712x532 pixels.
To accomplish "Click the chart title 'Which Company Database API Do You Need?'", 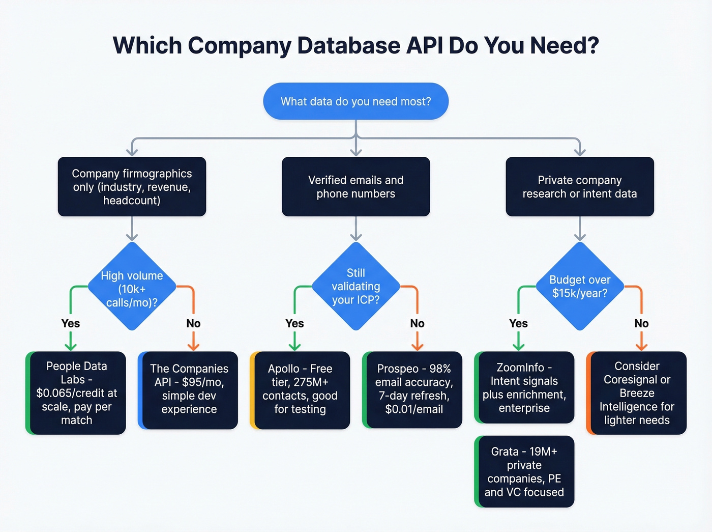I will point(355,45).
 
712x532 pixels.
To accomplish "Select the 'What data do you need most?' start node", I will point(355,101).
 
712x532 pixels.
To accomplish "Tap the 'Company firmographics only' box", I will point(132,187).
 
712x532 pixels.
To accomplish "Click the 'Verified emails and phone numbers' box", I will point(355,187).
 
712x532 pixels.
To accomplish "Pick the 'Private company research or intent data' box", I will point(579,187).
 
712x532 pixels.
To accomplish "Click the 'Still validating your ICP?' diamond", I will point(355,287).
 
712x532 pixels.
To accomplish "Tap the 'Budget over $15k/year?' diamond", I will point(579,287).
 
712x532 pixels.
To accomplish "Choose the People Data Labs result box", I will point(77,393).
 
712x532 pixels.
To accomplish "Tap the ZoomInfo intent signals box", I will point(524,388).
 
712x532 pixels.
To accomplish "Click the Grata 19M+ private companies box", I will point(524,472).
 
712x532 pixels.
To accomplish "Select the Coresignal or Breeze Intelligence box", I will point(637,393).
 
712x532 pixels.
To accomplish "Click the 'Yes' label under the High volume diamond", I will point(71,324).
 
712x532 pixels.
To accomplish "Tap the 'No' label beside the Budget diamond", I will point(641,324).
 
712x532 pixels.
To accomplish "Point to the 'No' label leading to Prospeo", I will point(417,324).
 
